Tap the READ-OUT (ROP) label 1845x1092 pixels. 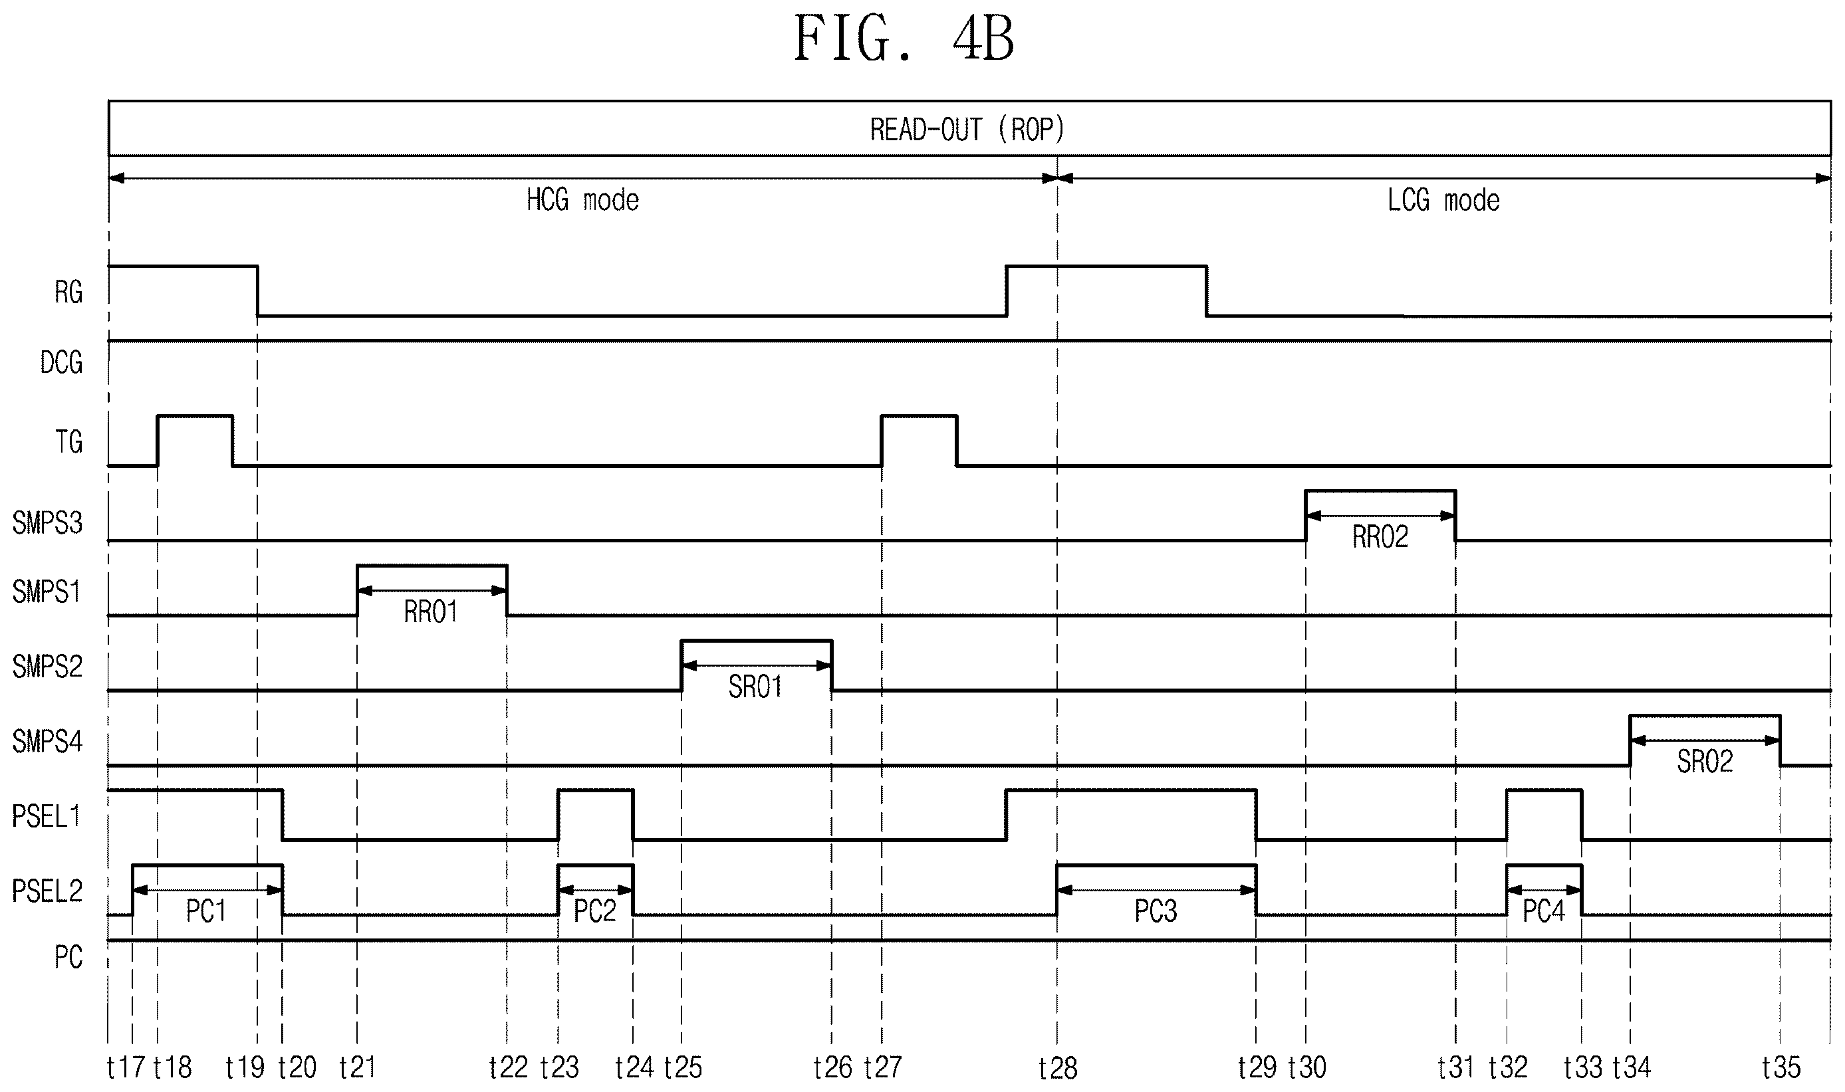pyautogui.click(x=967, y=130)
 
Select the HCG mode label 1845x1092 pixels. pyautogui.click(x=582, y=200)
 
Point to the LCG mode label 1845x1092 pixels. pyautogui.click(x=1443, y=200)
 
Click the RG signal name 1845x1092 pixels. pyautogui.click(x=68, y=293)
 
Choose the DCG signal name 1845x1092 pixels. pyautogui.click(x=61, y=363)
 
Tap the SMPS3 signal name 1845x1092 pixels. pyautogui.click(x=47, y=523)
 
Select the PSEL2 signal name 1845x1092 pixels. pyautogui.click(x=47, y=892)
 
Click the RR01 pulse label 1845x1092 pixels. pyautogui.click(x=431, y=611)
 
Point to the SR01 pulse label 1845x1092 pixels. pyautogui.click(x=755, y=687)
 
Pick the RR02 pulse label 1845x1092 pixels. pyautogui.click(x=1380, y=537)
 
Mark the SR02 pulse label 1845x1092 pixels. pyautogui.click(x=1705, y=761)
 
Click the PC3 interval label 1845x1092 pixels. pyautogui.click(x=1156, y=912)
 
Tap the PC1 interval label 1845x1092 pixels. pyautogui.click(x=206, y=912)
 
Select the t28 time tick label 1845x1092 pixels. pyautogui.click(x=1058, y=1067)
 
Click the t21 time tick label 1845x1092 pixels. pyautogui.click(x=358, y=1067)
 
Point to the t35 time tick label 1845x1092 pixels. pyautogui.click(x=1781, y=1067)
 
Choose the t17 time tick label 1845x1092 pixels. pyautogui.click(x=126, y=1067)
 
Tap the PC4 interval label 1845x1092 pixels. pyautogui.click(x=1543, y=912)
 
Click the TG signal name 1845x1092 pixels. pyautogui.click(x=68, y=442)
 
